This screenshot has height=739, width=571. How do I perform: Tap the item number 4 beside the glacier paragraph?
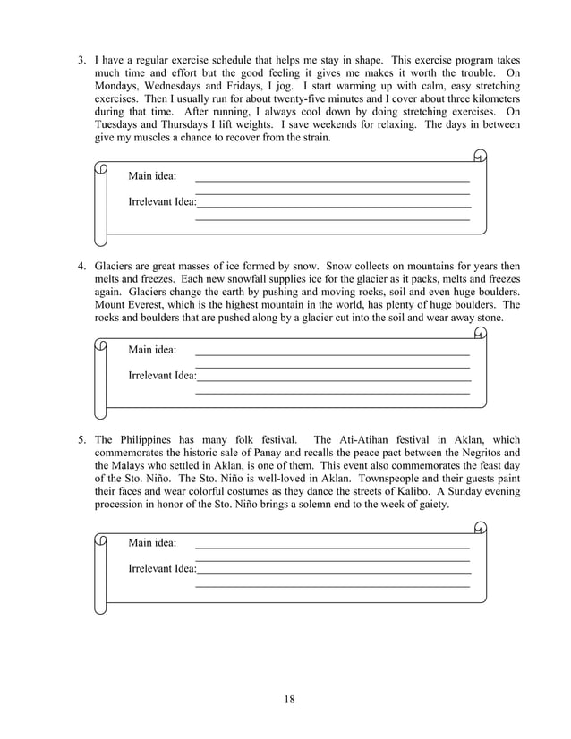(x=80, y=267)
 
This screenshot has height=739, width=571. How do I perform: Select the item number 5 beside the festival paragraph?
(x=80, y=440)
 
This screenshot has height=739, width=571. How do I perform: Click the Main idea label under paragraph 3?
(x=152, y=176)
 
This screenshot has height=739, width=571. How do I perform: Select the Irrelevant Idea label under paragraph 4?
(x=162, y=375)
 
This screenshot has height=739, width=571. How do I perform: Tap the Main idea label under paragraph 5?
(x=152, y=543)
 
